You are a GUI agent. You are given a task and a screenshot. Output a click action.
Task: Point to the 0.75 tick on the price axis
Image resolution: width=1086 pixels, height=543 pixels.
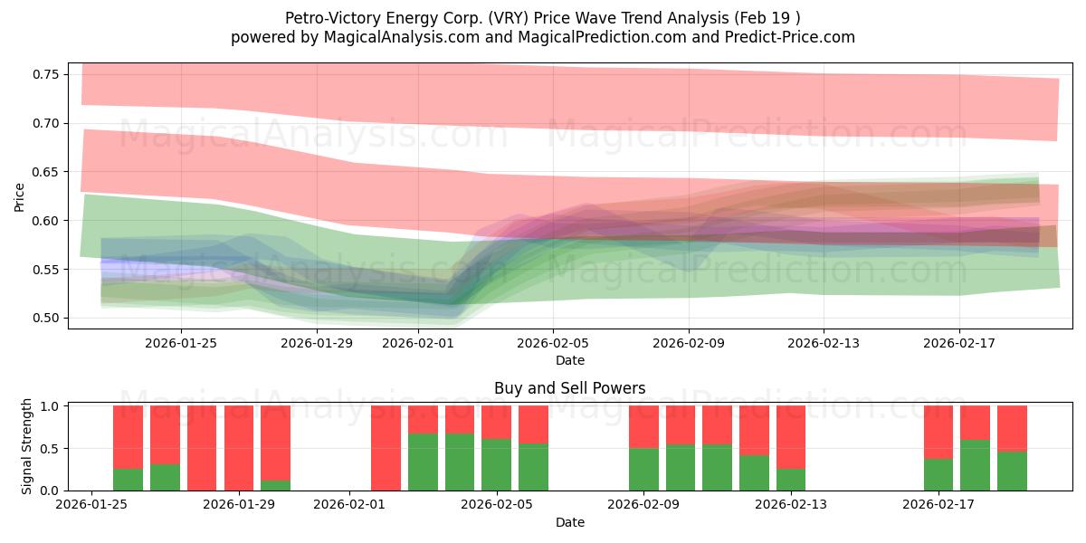click(45, 74)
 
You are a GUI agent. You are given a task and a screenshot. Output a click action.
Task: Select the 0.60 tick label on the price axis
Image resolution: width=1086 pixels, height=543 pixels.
click(45, 221)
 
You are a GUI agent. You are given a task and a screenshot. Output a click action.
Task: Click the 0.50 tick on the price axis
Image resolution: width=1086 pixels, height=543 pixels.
click(45, 319)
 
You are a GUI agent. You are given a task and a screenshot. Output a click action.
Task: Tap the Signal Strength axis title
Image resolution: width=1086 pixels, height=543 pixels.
click(27, 445)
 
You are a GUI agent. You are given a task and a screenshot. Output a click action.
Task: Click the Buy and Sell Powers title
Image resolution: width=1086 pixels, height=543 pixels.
click(569, 388)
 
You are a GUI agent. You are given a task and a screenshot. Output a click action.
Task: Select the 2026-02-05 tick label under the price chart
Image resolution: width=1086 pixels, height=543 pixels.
click(553, 343)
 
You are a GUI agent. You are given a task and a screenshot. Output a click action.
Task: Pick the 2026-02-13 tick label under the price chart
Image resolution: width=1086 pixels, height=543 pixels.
click(824, 343)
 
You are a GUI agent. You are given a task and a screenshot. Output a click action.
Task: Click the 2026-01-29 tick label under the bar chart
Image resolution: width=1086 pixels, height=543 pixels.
click(239, 504)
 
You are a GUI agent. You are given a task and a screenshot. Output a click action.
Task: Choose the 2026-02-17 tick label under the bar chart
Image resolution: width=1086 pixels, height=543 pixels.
click(938, 504)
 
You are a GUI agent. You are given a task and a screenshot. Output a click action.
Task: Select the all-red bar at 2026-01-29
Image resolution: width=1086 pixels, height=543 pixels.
click(239, 448)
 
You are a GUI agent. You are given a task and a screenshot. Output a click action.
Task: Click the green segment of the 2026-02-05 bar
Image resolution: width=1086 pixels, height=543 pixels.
click(496, 464)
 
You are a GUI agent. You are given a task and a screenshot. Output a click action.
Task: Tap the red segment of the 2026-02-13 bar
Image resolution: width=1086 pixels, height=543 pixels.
click(791, 436)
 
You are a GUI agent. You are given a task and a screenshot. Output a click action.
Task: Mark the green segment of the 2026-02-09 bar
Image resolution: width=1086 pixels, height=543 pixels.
click(643, 469)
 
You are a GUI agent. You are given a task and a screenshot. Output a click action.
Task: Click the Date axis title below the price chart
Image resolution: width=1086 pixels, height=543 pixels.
click(569, 360)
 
